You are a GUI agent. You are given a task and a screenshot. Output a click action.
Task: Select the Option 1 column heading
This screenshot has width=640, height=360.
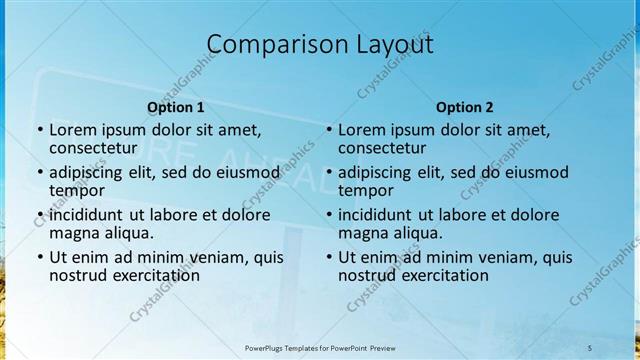coord(176,107)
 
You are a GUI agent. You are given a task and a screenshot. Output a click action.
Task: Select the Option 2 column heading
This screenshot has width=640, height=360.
coord(465,107)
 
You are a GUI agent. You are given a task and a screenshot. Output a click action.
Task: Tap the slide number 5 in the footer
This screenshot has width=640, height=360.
coord(589,347)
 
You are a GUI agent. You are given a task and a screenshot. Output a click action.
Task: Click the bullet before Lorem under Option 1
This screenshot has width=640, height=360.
coord(39,130)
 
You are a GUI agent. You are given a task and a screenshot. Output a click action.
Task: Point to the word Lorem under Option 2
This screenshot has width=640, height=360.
coord(361,130)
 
